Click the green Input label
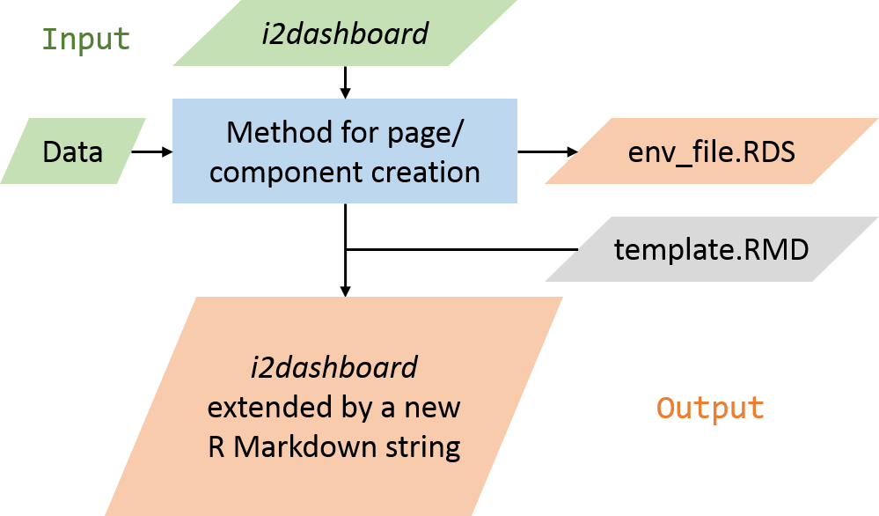pos(86,40)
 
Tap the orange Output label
pos(710,408)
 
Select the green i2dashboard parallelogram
pos(345,33)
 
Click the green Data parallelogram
pos(73,151)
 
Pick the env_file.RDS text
pos(712,152)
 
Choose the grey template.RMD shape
pos(712,249)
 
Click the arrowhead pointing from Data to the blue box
pos(167,151)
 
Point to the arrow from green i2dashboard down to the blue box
pos(345,83)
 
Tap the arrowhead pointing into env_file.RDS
pos(572,151)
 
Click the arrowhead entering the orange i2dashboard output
pos(345,291)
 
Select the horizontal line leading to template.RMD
pos(462,249)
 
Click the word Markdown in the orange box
pos(297,447)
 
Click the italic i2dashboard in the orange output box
pos(334,367)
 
